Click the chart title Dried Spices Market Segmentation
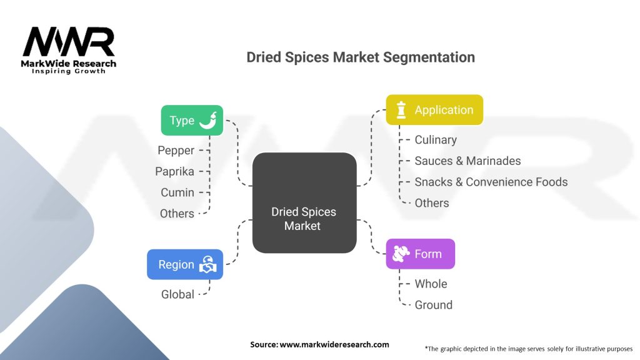(x=361, y=57)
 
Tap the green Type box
(x=191, y=121)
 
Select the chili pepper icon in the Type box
(x=208, y=121)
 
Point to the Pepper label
(x=176, y=150)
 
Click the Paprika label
(x=174, y=171)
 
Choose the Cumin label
(x=177, y=192)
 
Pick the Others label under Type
(x=177, y=213)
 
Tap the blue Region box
(x=184, y=264)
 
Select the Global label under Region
(x=177, y=294)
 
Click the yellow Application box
(x=434, y=110)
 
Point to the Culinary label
(x=436, y=139)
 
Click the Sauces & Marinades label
(x=467, y=161)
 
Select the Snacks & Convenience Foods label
(x=491, y=182)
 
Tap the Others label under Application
(x=432, y=202)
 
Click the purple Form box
(x=420, y=254)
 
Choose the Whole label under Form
(x=431, y=284)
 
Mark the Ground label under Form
(x=433, y=305)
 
